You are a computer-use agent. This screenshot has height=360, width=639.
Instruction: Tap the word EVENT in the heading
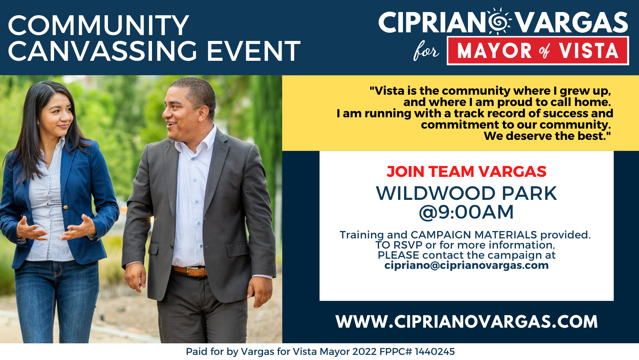point(253,51)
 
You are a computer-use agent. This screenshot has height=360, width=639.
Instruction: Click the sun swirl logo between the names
point(499,21)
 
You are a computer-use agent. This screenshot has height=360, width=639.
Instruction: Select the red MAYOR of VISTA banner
point(538,51)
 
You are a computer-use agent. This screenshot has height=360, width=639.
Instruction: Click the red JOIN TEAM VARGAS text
point(466,171)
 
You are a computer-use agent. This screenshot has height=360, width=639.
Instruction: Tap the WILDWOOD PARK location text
point(466,193)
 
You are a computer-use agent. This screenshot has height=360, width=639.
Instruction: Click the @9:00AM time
point(466,212)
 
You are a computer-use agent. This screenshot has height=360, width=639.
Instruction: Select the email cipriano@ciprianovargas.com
point(466,265)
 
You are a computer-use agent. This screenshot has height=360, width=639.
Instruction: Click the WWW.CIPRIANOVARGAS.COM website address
point(466,321)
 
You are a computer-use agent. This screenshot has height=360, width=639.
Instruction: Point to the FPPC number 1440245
point(434,351)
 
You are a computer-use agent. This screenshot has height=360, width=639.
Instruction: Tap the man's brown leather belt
point(190,271)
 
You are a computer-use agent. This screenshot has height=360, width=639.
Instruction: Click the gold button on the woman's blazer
point(65,207)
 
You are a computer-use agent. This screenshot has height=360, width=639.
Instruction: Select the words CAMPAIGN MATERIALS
point(473,235)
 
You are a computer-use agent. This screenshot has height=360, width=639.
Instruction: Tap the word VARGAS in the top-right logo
point(572,23)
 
